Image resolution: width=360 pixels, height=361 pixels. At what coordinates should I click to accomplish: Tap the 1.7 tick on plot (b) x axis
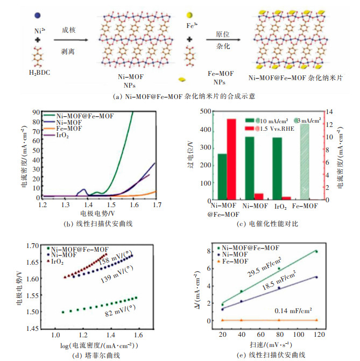tap(156, 205)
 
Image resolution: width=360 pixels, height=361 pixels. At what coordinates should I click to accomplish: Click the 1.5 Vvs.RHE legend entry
tap(271, 130)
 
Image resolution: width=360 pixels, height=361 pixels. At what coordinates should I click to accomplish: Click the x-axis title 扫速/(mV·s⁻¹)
tap(271, 344)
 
